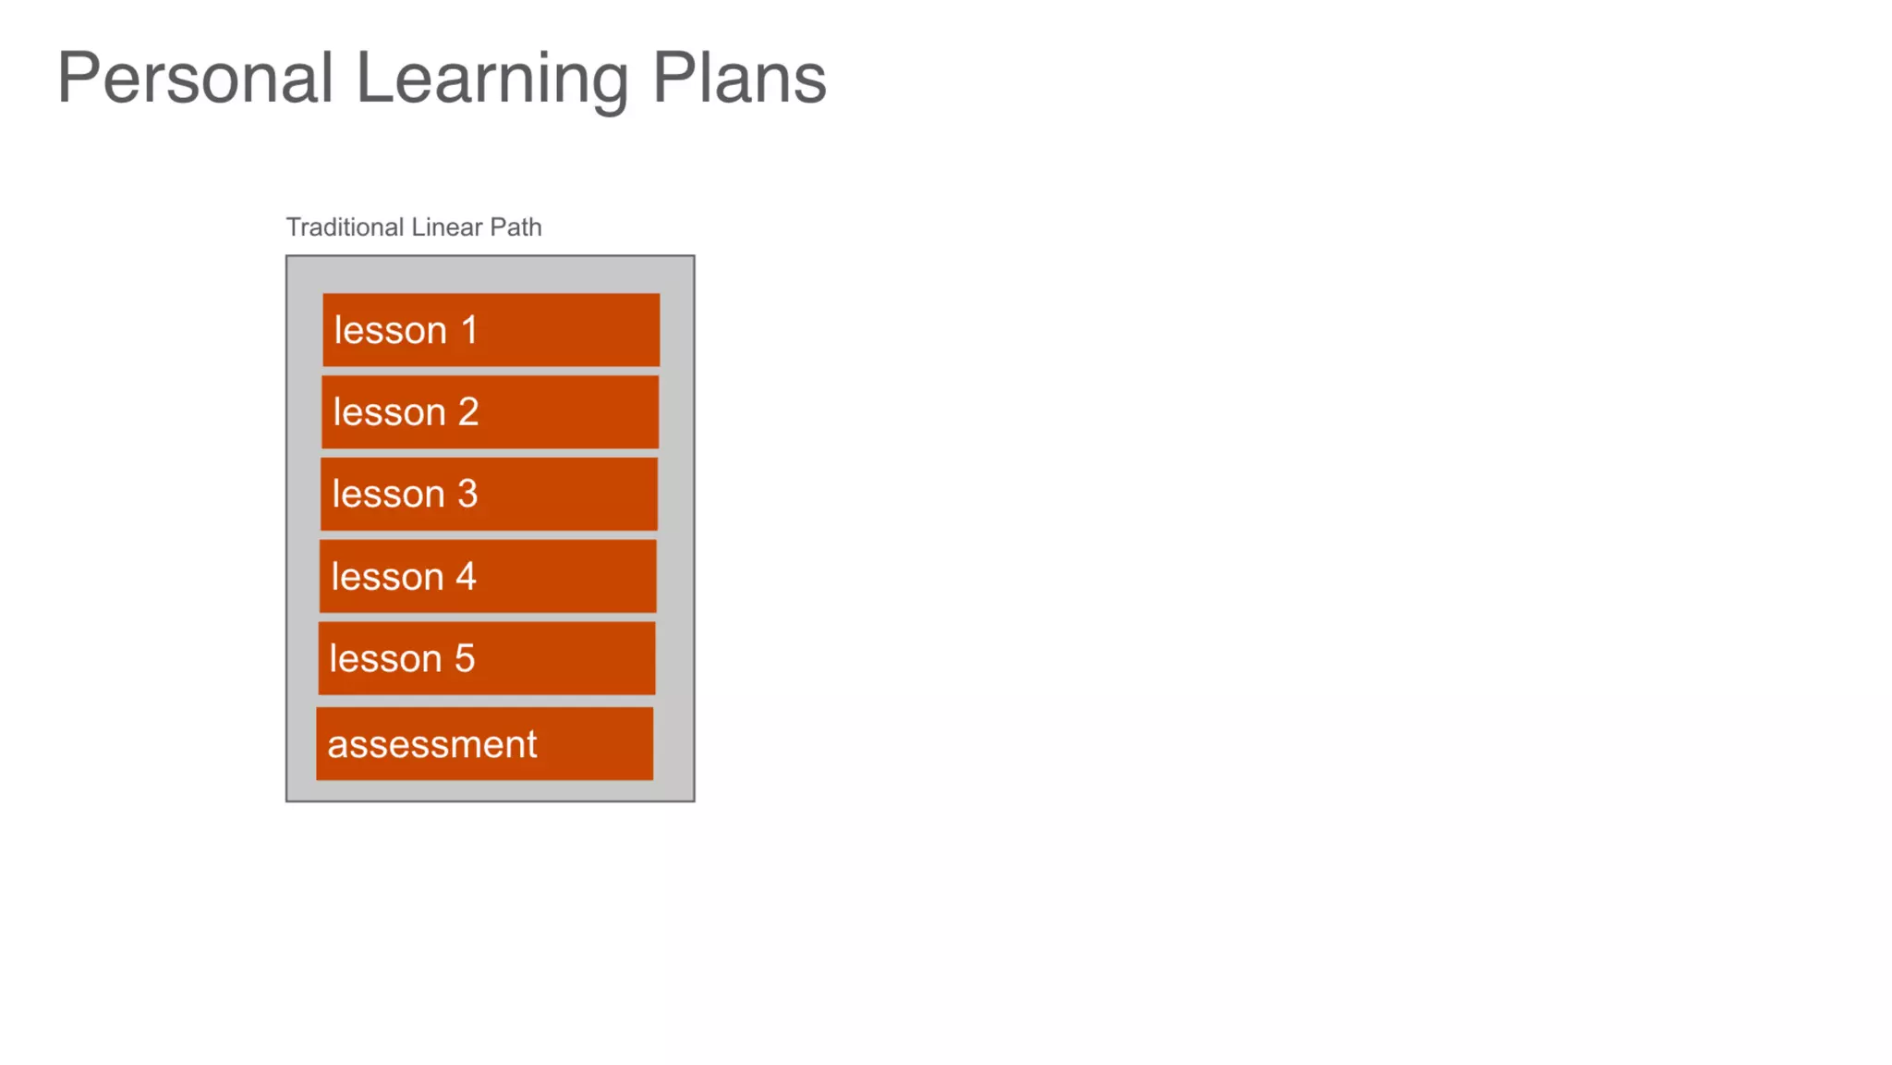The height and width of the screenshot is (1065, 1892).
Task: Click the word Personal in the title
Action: point(195,78)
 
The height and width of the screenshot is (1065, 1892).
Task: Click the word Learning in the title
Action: point(491,80)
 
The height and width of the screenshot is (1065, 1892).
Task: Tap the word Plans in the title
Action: point(739,78)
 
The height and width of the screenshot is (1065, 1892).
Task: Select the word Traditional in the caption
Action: point(345,227)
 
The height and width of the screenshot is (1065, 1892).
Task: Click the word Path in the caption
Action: point(515,227)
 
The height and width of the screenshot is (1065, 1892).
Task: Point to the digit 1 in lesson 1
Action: point(469,330)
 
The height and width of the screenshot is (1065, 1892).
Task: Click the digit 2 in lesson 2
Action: point(468,412)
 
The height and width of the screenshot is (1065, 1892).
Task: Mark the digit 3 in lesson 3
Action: point(467,495)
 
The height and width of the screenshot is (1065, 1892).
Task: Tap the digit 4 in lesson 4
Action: point(466,577)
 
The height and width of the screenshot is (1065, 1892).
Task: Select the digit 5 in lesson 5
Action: point(465,658)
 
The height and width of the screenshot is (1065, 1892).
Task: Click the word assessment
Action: point(432,744)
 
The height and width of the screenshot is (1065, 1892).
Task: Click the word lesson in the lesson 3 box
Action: point(388,495)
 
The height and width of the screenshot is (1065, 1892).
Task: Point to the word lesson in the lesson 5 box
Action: point(385,658)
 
